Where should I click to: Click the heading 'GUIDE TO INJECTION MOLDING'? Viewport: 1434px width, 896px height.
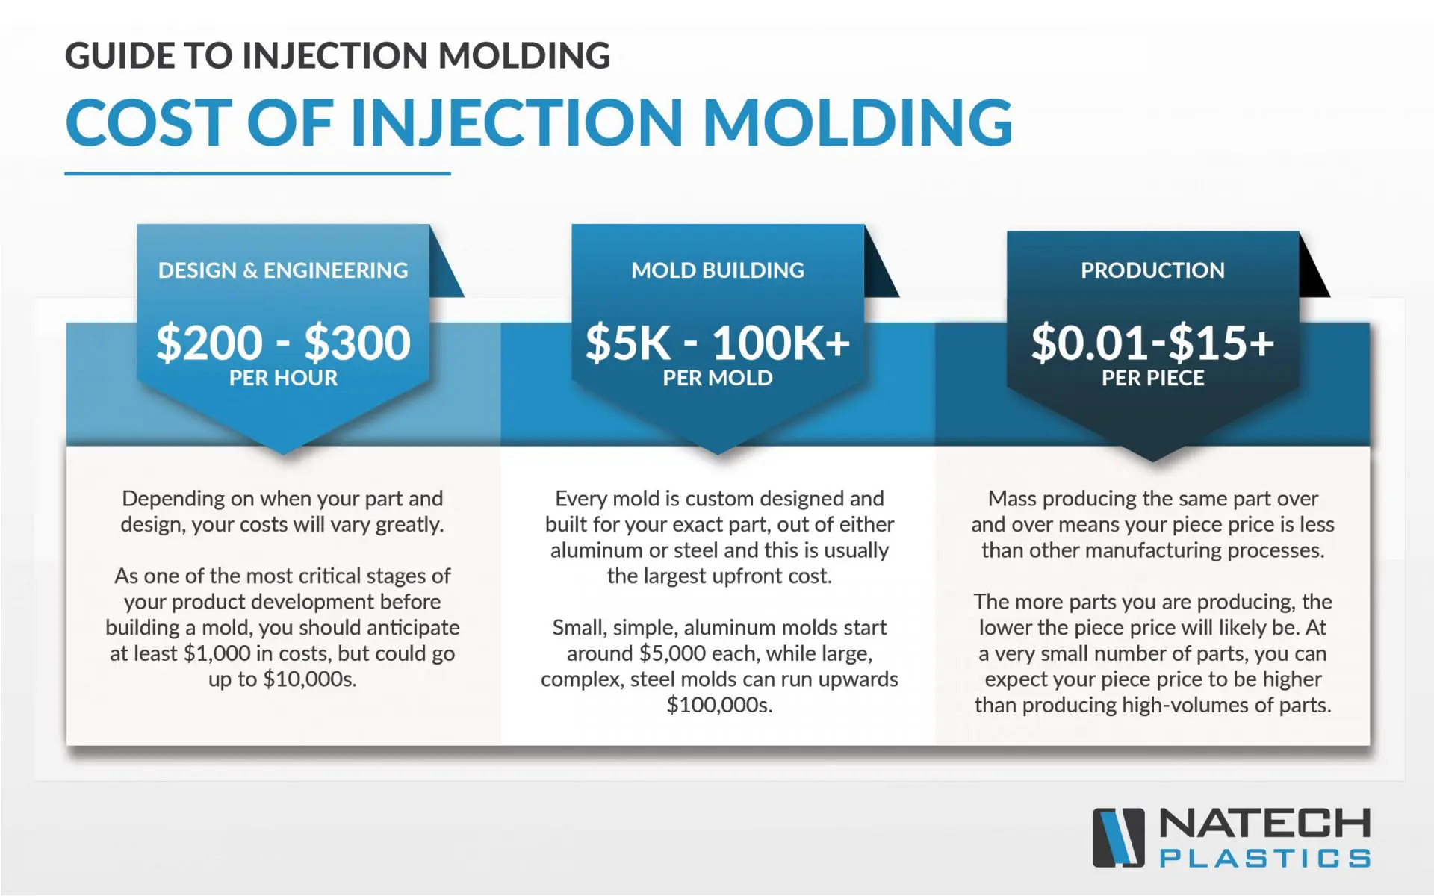(x=338, y=56)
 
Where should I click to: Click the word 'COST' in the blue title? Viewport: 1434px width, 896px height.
(x=149, y=123)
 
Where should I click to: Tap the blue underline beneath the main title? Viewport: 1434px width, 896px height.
(x=257, y=173)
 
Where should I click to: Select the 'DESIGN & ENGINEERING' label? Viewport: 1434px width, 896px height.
(x=283, y=270)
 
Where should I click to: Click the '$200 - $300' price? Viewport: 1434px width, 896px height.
(x=283, y=343)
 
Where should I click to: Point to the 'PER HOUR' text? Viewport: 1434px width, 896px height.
(x=283, y=378)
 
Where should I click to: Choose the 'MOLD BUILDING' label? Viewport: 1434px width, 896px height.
(x=718, y=270)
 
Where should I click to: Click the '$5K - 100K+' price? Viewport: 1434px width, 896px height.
(x=718, y=343)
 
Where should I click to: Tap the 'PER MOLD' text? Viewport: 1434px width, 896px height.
(x=718, y=378)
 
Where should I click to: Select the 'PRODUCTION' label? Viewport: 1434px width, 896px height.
(x=1152, y=270)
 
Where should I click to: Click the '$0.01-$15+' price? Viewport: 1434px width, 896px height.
(x=1152, y=343)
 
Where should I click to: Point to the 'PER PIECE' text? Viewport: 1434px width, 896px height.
(x=1152, y=378)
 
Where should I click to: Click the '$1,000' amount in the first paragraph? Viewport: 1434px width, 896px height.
(x=217, y=654)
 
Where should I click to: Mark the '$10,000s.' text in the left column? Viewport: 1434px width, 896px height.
(x=309, y=679)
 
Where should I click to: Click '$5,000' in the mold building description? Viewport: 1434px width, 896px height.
(x=672, y=654)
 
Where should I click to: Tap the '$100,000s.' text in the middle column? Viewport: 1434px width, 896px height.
(x=719, y=706)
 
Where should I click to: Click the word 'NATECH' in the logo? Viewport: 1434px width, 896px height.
(x=1264, y=824)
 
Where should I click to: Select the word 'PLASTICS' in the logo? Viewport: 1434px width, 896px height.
(x=1264, y=859)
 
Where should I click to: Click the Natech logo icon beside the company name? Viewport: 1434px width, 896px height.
(x=1118, y=838)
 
